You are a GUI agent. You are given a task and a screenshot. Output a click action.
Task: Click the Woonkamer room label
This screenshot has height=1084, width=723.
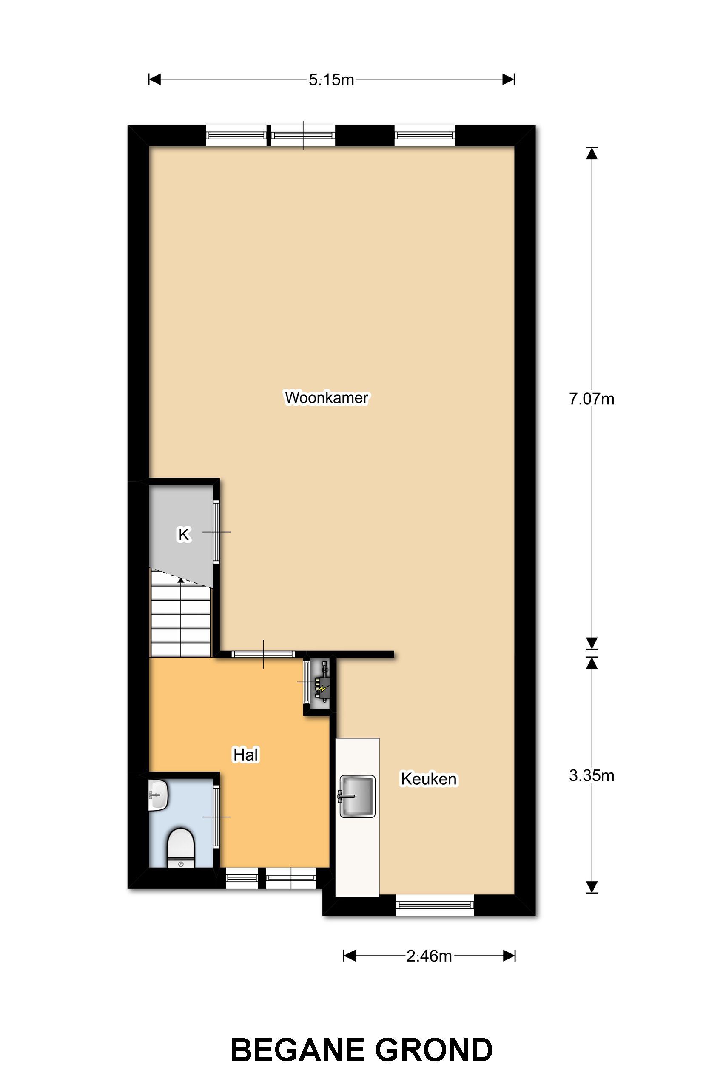[327, 397]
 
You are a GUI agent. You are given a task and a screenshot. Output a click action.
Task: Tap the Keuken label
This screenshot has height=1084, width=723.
[428, 779]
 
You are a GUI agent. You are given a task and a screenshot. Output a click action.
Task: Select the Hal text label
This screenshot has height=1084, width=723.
[246, 755]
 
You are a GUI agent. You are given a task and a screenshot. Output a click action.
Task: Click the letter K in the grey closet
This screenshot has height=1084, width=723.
[184, 535]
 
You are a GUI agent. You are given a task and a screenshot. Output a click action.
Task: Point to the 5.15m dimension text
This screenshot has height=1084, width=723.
[331, 80]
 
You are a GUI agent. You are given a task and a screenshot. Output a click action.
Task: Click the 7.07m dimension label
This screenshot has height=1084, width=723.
[592, 399]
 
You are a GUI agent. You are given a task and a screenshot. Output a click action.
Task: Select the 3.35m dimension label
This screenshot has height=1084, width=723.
[592, 776]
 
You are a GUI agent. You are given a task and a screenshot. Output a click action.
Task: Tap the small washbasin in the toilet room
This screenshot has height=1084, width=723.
[158, 795]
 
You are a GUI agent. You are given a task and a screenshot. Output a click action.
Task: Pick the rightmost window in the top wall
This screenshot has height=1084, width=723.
[424, 136]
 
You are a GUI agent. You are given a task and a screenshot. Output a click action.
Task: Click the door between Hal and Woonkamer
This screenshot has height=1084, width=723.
[263, 654]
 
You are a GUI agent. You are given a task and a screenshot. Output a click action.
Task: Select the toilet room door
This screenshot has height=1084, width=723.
[216, 817]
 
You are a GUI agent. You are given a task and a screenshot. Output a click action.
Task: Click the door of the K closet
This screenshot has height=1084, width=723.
[216, 532]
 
